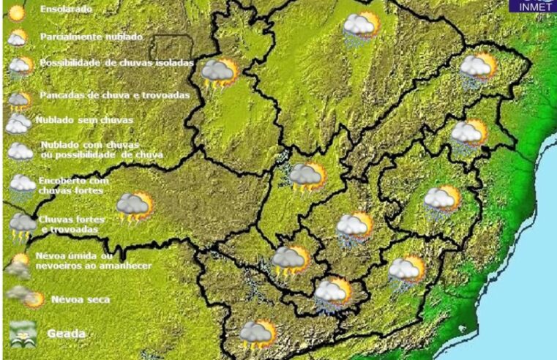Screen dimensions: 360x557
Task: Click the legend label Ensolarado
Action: [x=66, y=10]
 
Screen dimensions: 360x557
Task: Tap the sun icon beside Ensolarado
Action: [x=18, y=11]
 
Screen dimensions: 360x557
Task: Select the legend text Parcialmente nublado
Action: [x=91, y=36]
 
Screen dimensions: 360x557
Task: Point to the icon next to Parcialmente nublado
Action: [x=18, y=37]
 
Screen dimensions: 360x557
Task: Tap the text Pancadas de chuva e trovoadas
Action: [x=115, y=95]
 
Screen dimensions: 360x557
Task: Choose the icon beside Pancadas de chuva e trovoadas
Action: [x=20, y=99]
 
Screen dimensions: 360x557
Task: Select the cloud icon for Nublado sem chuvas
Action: [x=18, y=123]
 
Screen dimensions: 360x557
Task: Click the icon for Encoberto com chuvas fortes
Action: [x=22, y=185]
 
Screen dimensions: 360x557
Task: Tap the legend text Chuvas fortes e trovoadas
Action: [x=72, y=224]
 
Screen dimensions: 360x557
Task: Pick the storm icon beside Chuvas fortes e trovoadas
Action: [x=22, y=225]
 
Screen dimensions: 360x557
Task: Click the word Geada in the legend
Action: [x=67, y=334]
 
